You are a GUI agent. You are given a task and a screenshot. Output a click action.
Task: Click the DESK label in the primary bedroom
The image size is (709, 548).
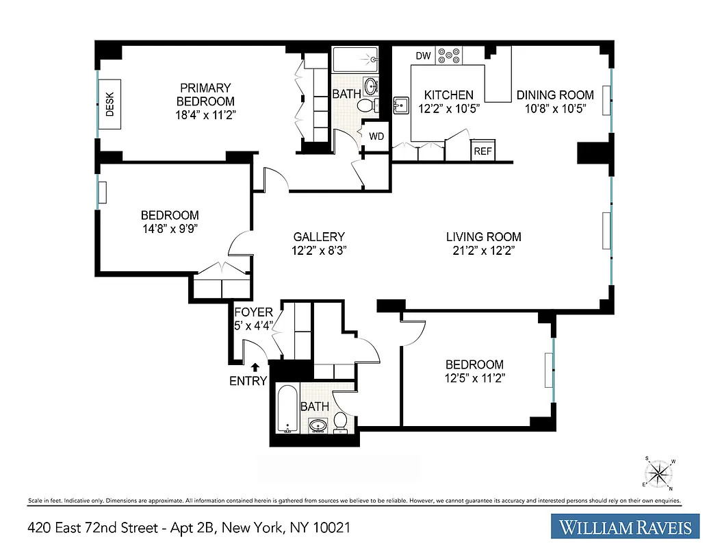pyautogui.click(x=109, y=104)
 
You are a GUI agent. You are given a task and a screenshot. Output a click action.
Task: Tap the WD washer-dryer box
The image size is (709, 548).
pyautogui.click(x=376, y=136)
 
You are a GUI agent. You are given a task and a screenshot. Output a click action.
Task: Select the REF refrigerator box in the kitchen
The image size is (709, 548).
pyautogui.click(x=482, y=151)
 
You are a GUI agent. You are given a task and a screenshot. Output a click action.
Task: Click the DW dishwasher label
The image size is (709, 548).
pyautogui.click(x=422, y=55)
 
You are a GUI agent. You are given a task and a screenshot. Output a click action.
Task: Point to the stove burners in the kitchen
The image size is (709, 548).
pyautogui.click(x=450, y=55)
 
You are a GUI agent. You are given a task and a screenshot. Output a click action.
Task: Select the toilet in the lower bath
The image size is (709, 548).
pyautogui.click(x=340, y=423)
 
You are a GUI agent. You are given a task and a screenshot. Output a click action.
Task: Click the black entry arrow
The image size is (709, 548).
pyautogui.click(x=255, y=368)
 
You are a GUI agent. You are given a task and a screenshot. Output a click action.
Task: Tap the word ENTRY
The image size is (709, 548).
pyautogui.click(x=248, y=381)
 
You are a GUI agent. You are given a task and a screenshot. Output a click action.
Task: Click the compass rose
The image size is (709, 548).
pyautogui.click(x=658, y=472)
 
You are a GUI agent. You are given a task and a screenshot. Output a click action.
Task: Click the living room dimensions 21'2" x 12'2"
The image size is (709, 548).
pyautogui.click(x=483, y=251)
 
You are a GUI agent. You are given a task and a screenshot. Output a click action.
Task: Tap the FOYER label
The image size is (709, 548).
pyautogui.click(x=253, y=312)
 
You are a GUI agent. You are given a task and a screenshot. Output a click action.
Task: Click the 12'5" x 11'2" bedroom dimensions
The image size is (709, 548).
pyautogui.click(x=474, y=377)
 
